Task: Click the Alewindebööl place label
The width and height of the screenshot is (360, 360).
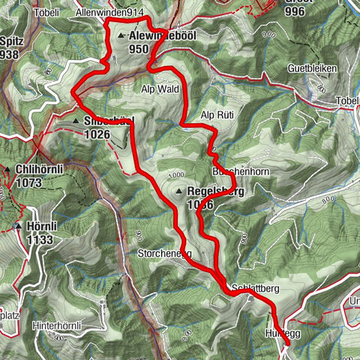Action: pos(160,36)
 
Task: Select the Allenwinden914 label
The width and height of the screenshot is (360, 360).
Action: pos(109,13)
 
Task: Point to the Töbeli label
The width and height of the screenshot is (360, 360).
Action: pos(45,13)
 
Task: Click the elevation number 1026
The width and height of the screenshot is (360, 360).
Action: pos(98,133)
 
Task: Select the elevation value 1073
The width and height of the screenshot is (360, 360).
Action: pos(30,181)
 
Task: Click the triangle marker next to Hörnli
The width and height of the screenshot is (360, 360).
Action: pos(17,225)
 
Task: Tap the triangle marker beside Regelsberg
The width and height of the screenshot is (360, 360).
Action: pos(180,192)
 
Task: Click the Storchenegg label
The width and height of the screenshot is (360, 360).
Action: pos(164,253)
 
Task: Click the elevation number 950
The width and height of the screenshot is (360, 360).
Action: pos(139,48)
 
